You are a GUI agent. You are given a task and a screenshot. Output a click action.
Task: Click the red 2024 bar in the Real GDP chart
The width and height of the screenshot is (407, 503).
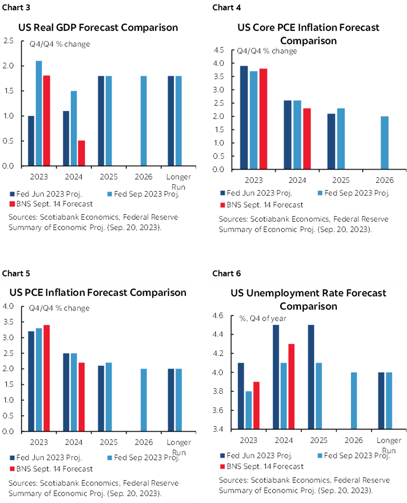pyautogui.click(x=81, y=153)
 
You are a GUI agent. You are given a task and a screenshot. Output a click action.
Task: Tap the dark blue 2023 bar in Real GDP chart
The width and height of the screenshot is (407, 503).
pyautogui.click(x=31, y=141)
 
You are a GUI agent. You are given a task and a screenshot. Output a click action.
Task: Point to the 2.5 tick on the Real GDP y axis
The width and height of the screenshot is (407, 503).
pyautogui.click(x=8, y=40)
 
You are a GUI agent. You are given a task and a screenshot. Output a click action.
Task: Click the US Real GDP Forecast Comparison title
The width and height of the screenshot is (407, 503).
pyautogui.click(x=98, y=27)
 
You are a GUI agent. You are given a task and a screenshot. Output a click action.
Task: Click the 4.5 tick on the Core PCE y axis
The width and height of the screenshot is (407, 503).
pyautogui.click(x=219, y=50)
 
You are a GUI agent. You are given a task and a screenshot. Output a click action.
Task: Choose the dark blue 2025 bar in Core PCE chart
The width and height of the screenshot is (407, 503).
pyautogui.click(x=331, y=142)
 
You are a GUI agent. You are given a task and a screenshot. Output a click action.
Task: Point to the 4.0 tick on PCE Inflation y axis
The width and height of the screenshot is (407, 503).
pyautogui.click(x=8, y=306)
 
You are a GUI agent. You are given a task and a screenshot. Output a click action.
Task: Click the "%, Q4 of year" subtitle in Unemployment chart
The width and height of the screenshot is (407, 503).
pyautogui.click(x=263, y=318)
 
